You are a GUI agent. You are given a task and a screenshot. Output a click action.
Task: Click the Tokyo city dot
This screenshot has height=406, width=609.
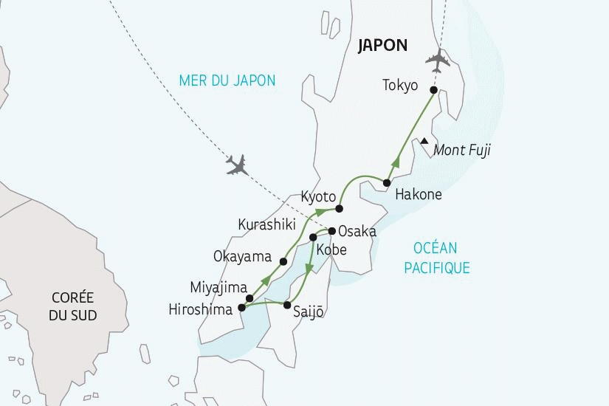pos(433,90)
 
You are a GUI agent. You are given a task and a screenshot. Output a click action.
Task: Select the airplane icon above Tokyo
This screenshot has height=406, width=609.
pos(438,58)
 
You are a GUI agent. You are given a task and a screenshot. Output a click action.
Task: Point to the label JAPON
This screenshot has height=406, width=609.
pos(382,45)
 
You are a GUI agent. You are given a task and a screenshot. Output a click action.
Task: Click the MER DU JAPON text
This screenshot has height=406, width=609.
pos(227,80)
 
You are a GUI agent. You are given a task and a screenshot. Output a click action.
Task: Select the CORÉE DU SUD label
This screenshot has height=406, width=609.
pos(72,306)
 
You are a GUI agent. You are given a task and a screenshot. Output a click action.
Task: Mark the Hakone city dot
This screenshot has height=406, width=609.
pos(386,182)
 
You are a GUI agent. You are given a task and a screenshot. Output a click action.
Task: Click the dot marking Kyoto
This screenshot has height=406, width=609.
pos(339,208)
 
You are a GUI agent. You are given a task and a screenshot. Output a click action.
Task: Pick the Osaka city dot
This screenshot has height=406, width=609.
pos(332,230)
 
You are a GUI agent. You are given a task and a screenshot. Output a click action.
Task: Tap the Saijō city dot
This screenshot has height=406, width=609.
pos(287,305)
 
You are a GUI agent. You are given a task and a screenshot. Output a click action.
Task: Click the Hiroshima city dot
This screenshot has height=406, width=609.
pos(242,308)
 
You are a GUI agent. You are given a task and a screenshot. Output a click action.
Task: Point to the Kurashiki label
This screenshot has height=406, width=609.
pos(266,223)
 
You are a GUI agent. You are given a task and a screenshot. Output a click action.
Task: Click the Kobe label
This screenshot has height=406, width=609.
pos(331,250)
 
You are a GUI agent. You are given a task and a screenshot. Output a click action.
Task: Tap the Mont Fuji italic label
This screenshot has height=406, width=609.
pos(462,151)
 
